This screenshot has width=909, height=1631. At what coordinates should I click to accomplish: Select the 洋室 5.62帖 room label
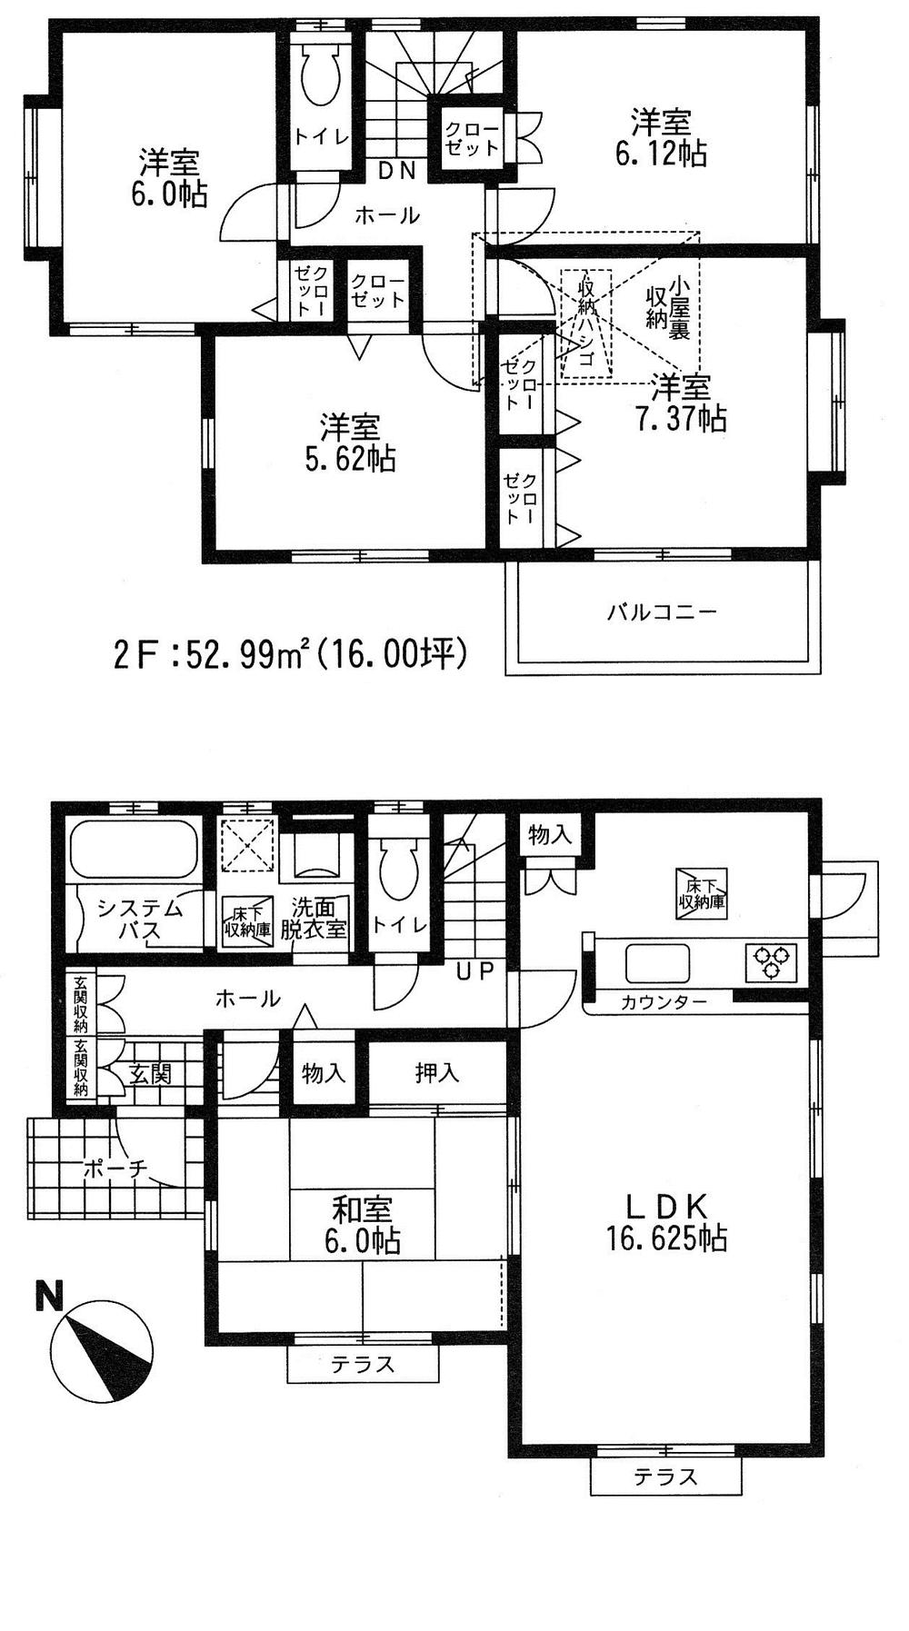350,443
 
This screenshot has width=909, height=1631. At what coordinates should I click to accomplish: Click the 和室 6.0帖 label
364,1225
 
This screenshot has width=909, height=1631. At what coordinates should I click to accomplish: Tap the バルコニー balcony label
662,612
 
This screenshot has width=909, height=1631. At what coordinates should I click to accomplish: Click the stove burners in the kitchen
772,962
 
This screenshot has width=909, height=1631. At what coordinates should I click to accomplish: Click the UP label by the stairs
474,971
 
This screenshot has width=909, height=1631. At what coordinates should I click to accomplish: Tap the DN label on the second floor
397,169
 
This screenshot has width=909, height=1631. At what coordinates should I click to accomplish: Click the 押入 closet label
437,1074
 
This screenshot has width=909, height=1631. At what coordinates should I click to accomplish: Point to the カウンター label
664,1003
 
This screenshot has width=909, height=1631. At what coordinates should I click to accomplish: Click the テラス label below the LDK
666,1477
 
